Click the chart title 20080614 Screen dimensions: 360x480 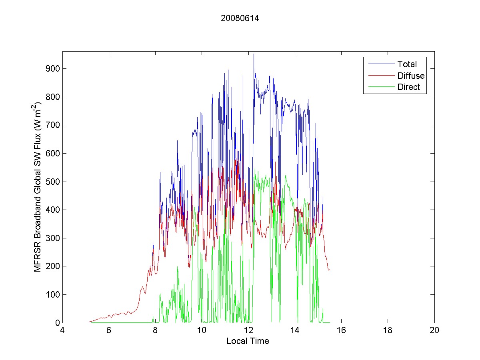240,18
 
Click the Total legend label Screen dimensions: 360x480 407,64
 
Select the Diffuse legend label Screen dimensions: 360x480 411,76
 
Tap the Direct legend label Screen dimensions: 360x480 408,88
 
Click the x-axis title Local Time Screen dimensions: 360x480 248,341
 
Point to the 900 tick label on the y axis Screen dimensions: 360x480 52,69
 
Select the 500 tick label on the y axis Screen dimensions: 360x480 52,182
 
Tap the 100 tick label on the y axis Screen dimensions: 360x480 52,295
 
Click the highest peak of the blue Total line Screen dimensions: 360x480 254,54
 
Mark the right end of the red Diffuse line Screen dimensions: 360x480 330,270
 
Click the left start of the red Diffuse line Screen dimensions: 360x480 89,321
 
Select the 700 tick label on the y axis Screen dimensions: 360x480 52,125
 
